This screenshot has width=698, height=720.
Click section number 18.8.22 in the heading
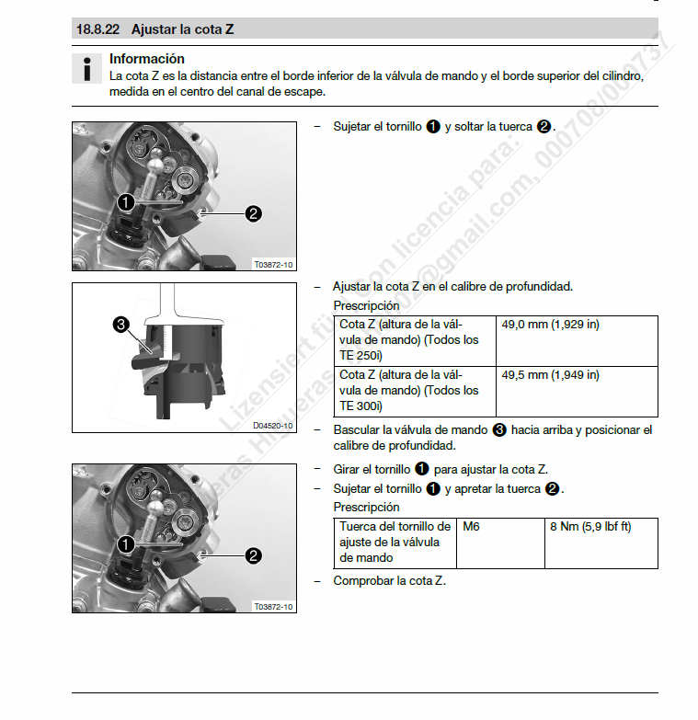pyautogui.click(x=99, y=29)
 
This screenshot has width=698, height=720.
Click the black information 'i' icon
pyautogui.click(x=87, y=69)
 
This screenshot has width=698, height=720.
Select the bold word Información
pyautogui.click(x=146, y=59)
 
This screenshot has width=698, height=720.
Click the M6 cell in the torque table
pyautogui.click(x=472, y=527)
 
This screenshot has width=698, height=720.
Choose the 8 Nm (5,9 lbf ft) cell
pyautogui.click(x=590, y=527)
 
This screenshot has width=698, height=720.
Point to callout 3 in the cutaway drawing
pyautogui.click(x=120, y=324)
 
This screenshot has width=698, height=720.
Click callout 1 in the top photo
pyautogui.click(x=126, y=201)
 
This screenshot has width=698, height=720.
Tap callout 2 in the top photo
pyautogui.click(x=254, y=213)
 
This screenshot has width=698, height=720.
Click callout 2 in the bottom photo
pyautogui.click(x=254, y=555)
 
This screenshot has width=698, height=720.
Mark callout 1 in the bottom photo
pyautogui.click(x=126, y=543)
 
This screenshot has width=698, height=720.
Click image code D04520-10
pyautogui.click(x=273, y=426)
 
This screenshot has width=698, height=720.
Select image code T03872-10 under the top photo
pyautogui.click(x=273, y=265)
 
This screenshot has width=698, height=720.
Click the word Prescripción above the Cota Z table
pyautogui.click(x=366, y=305)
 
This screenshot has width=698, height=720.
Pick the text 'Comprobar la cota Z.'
pyautogui.click(x=389, y=580)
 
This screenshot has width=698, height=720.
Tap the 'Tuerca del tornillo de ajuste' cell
pyautogui.click(x=395, y=542)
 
